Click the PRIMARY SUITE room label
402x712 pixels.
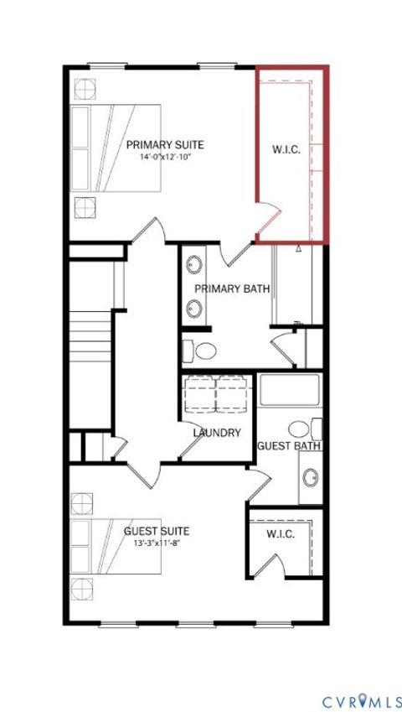pyautogui.click(x=165, y=145)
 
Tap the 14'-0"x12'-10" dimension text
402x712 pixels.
pyautogui.click(x=165, y=157)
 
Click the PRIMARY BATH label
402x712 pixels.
pyautogui.click(x=232, y=288)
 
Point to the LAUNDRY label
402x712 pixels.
pyautogui.click(x=217, y=433)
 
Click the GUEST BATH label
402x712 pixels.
pyautogui.click(x=290, y=445)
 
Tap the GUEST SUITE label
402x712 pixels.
pyautogui.click(x=156, y=531)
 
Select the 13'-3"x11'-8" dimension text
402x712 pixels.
pyautogui.click(x=156, y=543)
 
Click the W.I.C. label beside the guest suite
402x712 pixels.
pyautogui.click(x=280, y=534)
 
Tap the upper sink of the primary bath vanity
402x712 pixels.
pyautogui.click(x=195, y=263)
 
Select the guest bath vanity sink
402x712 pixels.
pyautogui.click(x=311, y=478)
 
